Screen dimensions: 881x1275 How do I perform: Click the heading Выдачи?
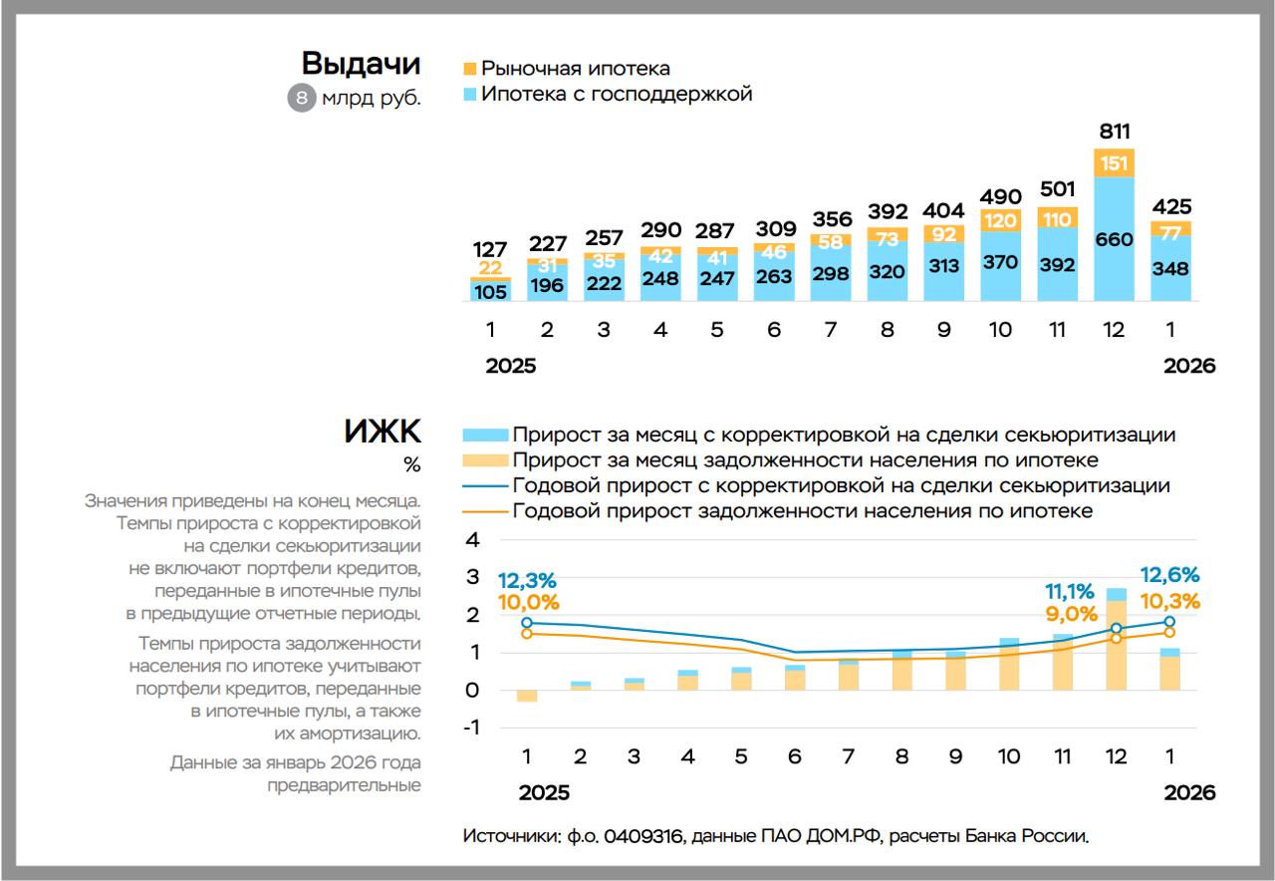coord(362,64)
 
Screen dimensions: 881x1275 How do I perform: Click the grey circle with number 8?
coord(302,99)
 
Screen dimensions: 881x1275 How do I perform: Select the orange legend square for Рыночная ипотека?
coord(470,69)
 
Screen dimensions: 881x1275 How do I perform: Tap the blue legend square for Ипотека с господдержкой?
coord(470,95)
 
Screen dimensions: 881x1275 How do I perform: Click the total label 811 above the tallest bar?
coord(1115,132)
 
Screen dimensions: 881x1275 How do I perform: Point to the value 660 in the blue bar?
coord(1115,239)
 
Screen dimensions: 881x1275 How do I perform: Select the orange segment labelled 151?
coord(1115,163)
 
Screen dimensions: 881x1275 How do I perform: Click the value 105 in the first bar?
coord(490,291)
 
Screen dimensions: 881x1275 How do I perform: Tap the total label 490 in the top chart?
coord(1001,196)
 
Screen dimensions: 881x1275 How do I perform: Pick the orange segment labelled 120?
coord(1001,220)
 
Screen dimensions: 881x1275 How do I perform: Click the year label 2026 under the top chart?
coord(1189,366)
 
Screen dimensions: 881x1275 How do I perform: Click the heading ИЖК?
coord(382,433)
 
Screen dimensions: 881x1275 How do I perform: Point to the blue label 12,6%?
coord(1169,576)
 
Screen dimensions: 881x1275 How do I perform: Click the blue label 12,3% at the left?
coord(527,580)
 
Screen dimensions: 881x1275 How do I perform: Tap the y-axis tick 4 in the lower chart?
coord(474,540)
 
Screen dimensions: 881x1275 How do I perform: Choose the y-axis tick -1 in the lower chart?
coord(471,728)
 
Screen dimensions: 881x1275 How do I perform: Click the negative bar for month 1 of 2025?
coord(527,696)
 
